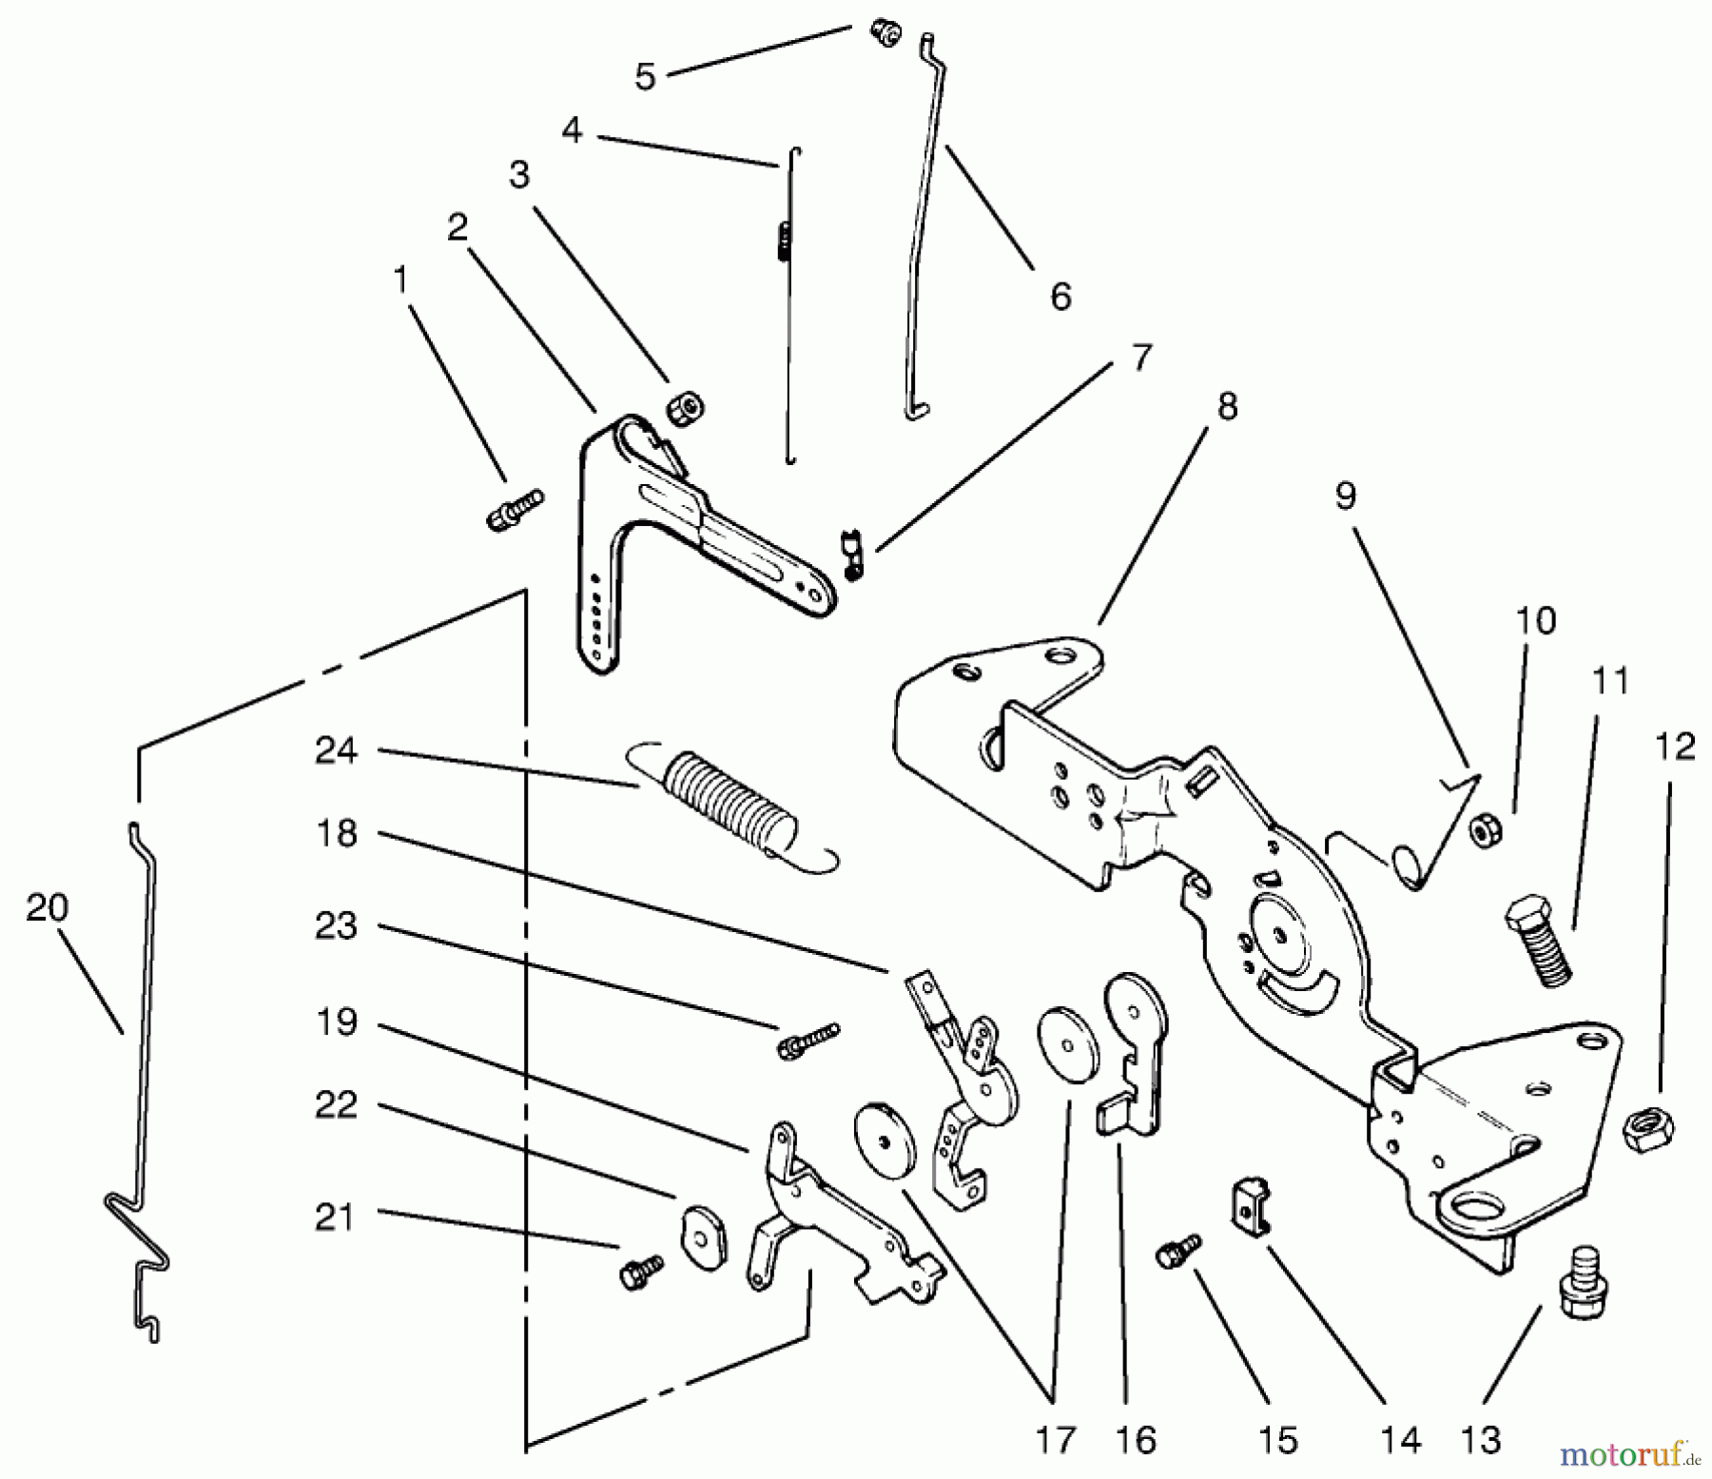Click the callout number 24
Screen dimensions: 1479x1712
pyautogui.click(x=336, y=751)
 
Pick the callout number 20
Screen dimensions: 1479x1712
pyautogui.click(x=48, y=908)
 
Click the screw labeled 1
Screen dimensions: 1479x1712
pyautogui.click(x=514, y=509)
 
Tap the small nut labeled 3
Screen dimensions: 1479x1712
pyautogui.click(x=685, y=408)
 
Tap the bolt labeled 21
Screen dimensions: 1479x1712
pyautogui.click(x=641, y=1270)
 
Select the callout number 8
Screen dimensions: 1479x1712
pyautogui.click(x=1227, y=407)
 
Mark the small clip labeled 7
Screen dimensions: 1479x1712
pyautogui.click(x=852, y=555)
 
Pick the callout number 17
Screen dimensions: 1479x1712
pyautogui.click(x=1055, y=1440)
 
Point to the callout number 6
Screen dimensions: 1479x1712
pyautogui.click(x=1060, y=296)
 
